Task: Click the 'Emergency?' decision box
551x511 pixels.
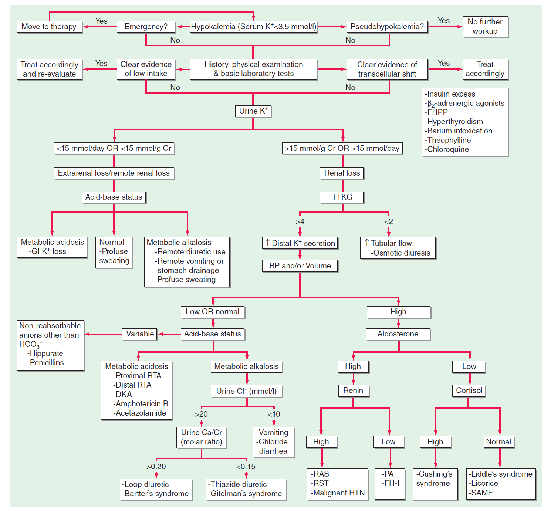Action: pos(146,27)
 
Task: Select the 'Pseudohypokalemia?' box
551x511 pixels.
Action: pos(387,27)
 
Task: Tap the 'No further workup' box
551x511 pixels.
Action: pos(485,27)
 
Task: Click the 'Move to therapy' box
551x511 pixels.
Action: pos(49,27)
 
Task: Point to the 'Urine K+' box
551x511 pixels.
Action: pos(253,111)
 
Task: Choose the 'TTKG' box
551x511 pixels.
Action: pos(342,197)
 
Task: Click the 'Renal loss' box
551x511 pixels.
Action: pos(342,173)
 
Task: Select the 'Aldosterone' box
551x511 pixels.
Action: pos(398,334)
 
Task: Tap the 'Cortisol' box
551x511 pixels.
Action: pos(469,390)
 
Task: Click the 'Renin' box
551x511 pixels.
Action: pos(353,390)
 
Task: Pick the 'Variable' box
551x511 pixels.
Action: pos(140,334)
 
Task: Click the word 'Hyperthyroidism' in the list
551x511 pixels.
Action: pos(455,122)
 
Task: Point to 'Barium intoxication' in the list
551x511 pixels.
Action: pos(459,131)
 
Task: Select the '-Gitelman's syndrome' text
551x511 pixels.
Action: pos(245,494)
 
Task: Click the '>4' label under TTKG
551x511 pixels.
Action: pos(300,222)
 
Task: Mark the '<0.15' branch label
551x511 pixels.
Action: pos(246,467)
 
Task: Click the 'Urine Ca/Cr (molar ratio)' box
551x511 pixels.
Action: pos(202,437)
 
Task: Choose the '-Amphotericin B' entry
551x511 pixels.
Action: pos(141,404)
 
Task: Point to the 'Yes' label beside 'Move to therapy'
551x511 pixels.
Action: pos(101,21)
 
